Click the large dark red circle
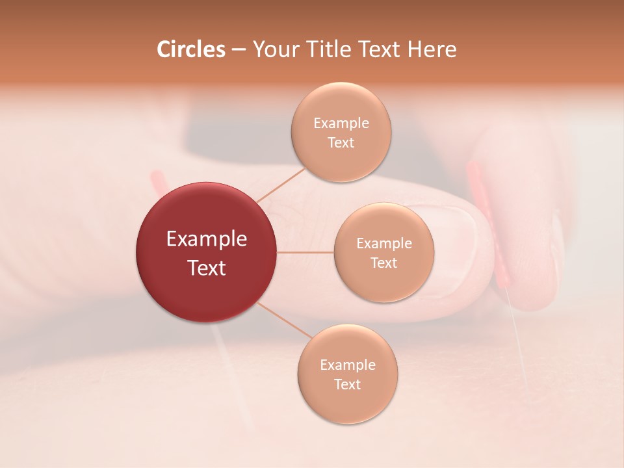coord(206,252)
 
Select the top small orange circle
coord(341,132)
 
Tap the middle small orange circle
coord(383,252)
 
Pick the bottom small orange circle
coord(347,374)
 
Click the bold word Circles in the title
coord(191,49)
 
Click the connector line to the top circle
coord(281,185)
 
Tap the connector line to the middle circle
coord(305,252)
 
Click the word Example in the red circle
coord(206,239)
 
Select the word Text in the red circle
coord(206,268)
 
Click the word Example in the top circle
coord(341,123)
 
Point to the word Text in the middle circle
coord(383,263)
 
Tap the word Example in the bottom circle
coord(347,365)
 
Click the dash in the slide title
coord(238,50)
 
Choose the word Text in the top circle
coord(341,143)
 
